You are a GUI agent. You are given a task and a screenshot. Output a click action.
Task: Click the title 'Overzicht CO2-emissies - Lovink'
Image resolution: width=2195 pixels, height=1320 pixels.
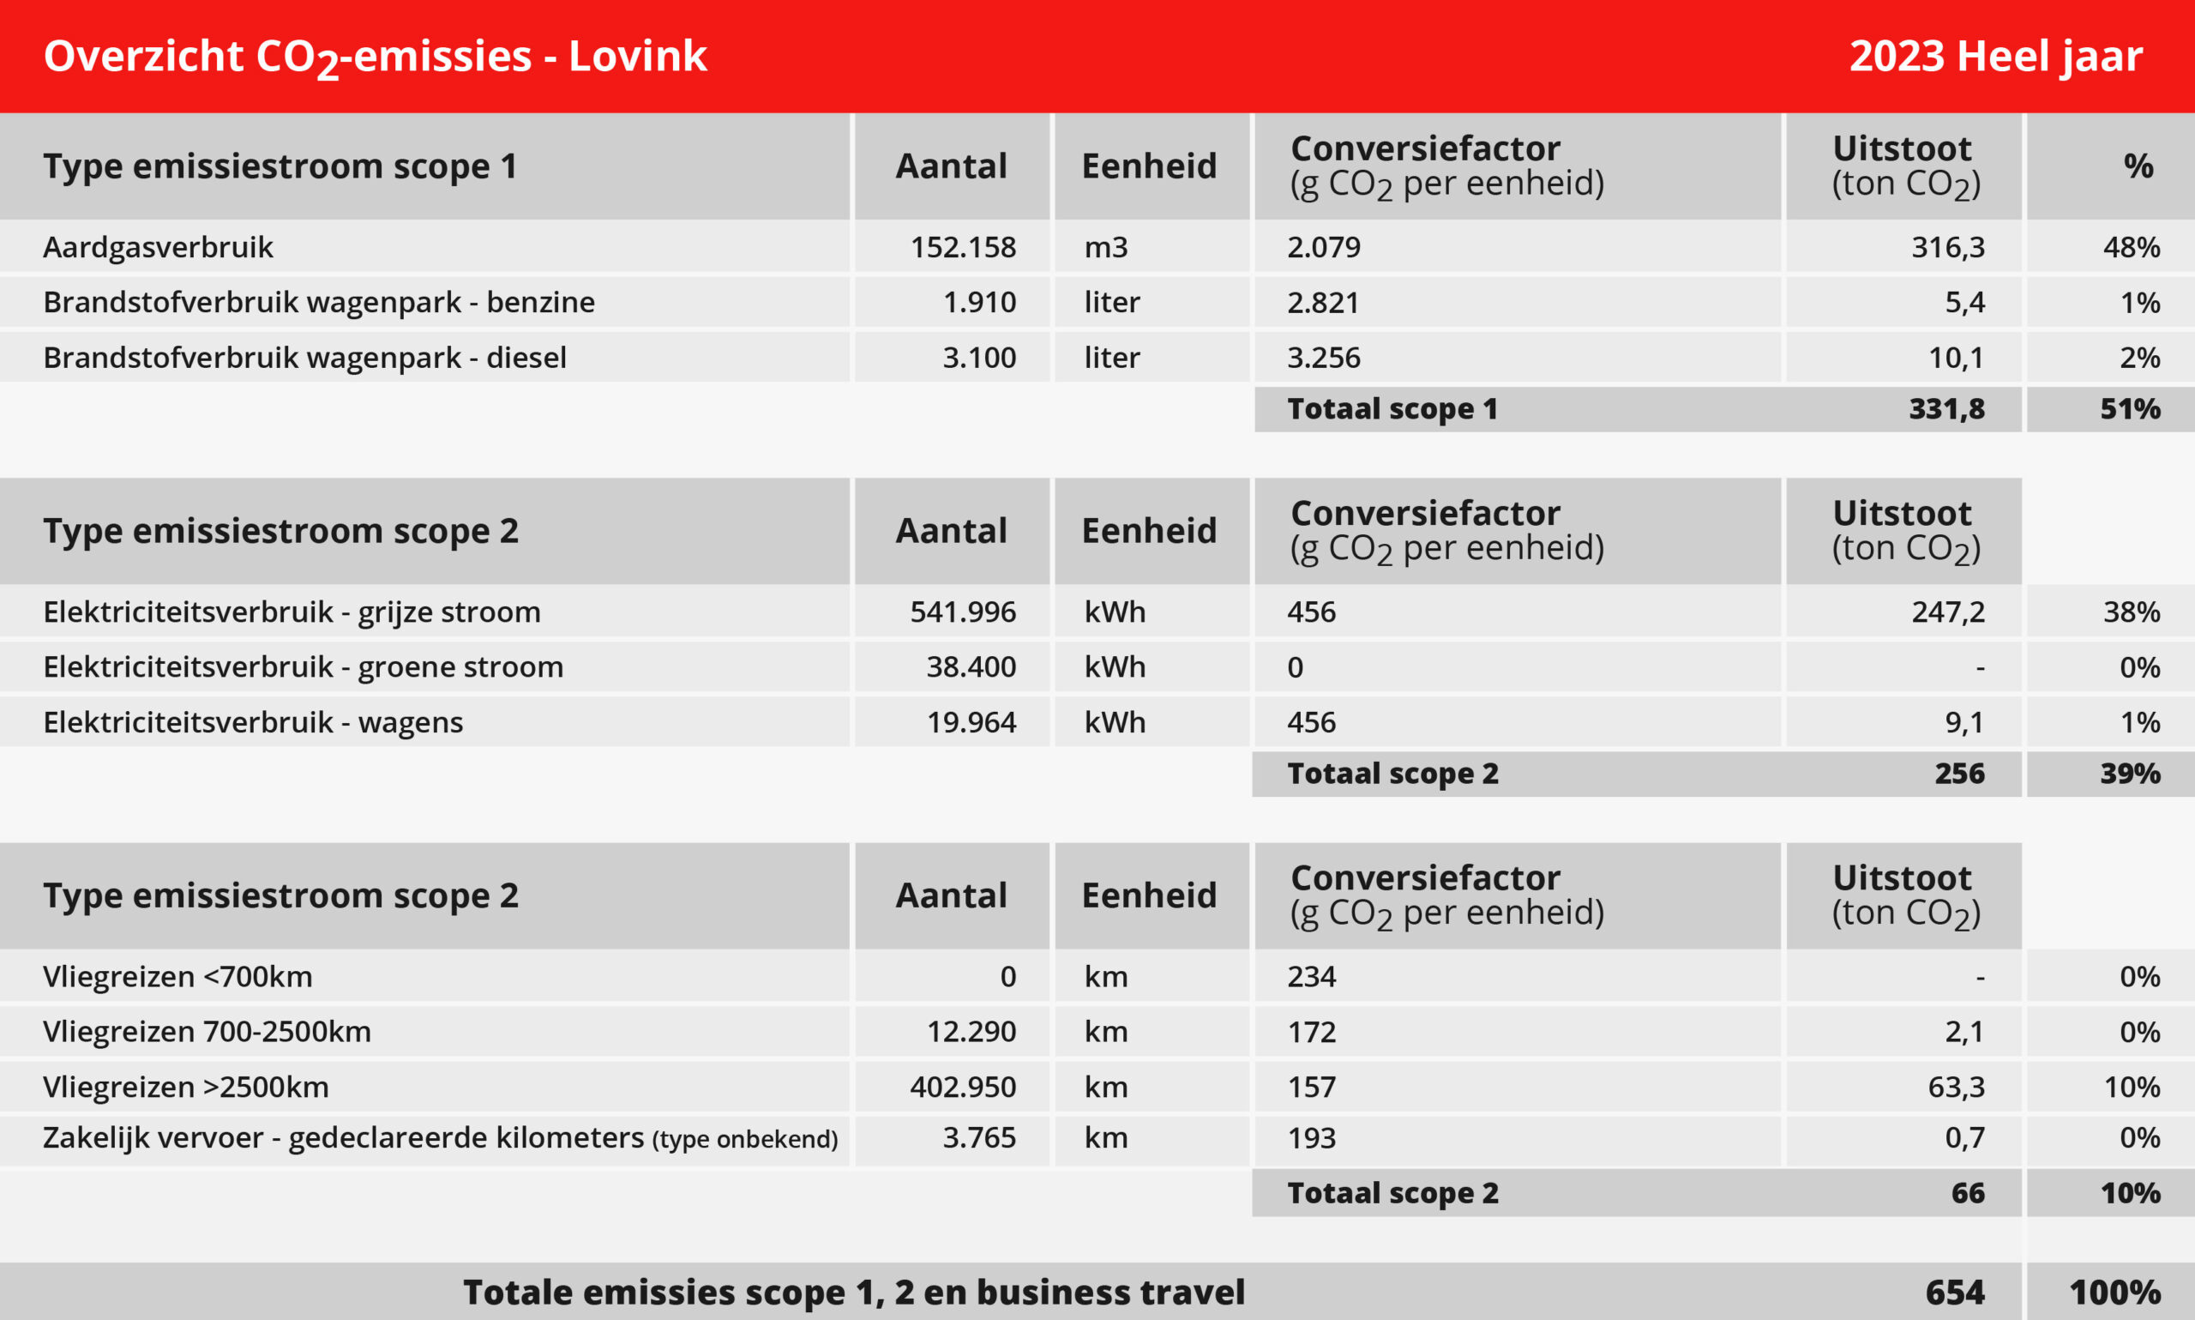click(376, 56)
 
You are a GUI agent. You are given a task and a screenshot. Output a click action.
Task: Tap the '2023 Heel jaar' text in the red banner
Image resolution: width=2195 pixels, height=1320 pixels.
click(1996, 56)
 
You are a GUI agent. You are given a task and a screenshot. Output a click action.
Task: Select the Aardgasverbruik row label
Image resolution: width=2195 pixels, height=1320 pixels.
click(159, 246)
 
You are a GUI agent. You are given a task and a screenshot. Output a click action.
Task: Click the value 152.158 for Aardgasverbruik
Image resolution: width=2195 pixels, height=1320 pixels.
click(963, 246)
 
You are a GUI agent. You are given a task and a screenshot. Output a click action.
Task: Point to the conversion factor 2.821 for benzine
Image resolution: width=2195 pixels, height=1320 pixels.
click(1323, 303)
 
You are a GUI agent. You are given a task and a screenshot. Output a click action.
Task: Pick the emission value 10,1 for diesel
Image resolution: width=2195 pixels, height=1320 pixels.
click(1956, 358)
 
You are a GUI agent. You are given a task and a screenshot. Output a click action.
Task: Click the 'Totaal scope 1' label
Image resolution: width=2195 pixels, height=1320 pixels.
click(1392, 409)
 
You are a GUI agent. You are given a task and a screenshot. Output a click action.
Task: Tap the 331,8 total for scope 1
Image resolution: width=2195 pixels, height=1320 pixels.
click(1947, 409)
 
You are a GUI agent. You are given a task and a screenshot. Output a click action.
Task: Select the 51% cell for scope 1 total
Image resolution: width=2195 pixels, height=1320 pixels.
click(2130, 409)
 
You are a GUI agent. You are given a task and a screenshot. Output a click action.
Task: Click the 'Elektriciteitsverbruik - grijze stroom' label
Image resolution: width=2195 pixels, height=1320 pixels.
click(292, 612)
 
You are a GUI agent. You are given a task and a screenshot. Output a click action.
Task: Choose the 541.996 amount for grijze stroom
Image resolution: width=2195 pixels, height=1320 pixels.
click(963, 612)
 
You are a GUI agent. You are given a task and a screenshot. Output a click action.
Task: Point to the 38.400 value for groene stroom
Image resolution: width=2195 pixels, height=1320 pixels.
click(971, 667)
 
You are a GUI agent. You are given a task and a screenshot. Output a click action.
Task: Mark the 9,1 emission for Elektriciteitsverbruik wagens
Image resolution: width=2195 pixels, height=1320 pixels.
click(1963, 722)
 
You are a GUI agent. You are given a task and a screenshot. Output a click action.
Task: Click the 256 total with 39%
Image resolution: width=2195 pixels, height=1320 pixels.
click(1959, 774)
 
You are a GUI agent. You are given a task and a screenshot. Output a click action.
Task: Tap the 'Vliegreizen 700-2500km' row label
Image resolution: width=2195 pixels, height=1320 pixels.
click(207, 1032)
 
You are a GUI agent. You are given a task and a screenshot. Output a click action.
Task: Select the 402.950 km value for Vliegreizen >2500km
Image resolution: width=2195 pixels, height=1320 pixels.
click(963, 1087)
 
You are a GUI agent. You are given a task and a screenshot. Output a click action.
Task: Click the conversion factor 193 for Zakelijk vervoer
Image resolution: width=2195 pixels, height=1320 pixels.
click(1311, 1137)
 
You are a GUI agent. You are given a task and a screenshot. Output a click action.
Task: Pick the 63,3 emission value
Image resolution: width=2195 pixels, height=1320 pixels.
click(1956, 1087)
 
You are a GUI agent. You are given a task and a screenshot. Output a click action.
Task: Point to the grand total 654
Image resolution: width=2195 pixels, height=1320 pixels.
click(1955, 1293)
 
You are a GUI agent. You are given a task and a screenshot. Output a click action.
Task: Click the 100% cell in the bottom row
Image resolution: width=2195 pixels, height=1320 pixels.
click(2115, 1293)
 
